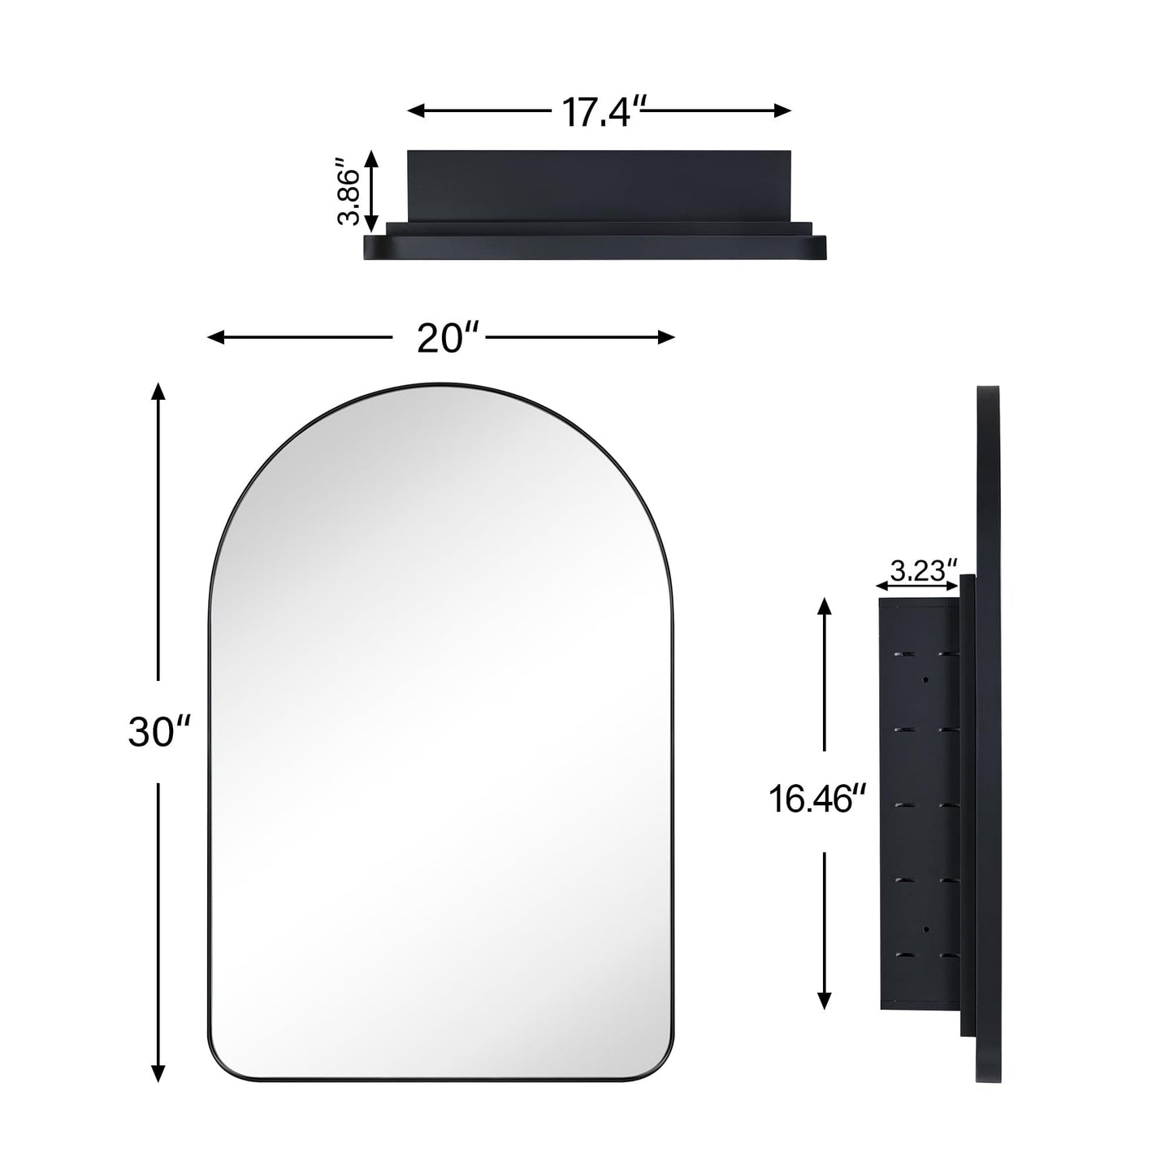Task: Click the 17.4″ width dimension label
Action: point(597,112)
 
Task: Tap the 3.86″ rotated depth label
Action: point(350,196)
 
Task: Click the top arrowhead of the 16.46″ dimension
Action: point(825,606)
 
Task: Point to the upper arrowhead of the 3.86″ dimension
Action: point(371,158)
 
